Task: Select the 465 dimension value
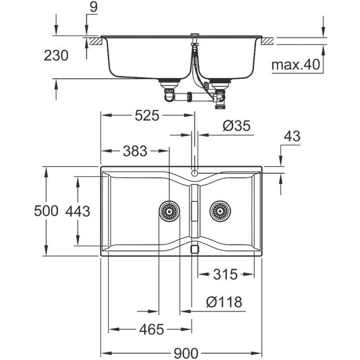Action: [151, 329]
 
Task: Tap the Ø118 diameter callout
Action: [225, 303]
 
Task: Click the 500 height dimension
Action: [21, 211]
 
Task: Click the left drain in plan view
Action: [169, 211]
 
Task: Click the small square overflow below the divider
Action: [195, 249]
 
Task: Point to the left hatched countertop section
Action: [96, 41]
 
